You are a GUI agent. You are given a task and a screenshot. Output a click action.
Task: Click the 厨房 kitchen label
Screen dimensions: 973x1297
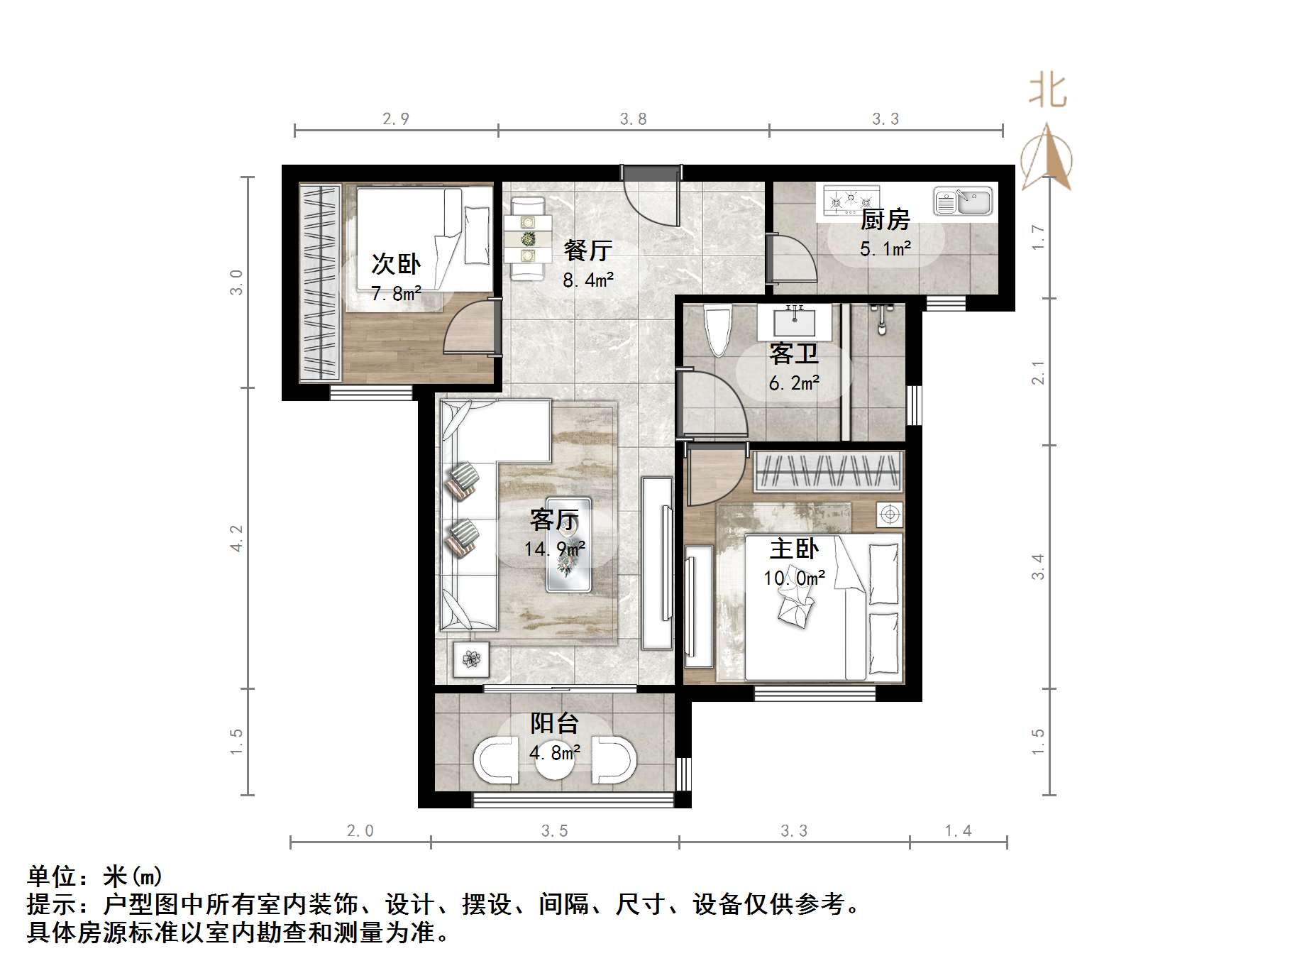(x=885, y=219)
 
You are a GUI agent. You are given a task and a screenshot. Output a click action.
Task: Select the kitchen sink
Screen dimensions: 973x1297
(x=963, y=201)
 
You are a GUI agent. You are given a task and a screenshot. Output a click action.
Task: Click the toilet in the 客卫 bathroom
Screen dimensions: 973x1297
(x=718, y=329)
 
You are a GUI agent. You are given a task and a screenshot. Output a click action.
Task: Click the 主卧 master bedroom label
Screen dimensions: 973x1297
(x=794, y=549)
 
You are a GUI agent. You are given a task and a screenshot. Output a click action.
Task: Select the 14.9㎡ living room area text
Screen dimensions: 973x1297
(x=555, y=549)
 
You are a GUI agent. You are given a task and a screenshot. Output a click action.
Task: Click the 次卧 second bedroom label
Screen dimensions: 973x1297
(x=396, y=264)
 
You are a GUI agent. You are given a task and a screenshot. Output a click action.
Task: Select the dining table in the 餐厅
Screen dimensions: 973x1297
(x=528, y=238)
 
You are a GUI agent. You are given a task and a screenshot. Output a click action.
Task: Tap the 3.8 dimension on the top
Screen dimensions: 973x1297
(x=633, y=119)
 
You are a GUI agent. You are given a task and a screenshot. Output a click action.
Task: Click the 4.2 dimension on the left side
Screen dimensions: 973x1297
(x=236, y=538)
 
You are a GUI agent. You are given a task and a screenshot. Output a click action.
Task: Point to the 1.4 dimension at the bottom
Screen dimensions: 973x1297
(x=958, y=830)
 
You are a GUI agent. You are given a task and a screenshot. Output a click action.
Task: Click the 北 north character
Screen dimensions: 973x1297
(x=1048, y=92)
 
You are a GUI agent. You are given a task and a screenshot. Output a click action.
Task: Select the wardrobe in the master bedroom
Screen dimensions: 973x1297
(x=828, y=471)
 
